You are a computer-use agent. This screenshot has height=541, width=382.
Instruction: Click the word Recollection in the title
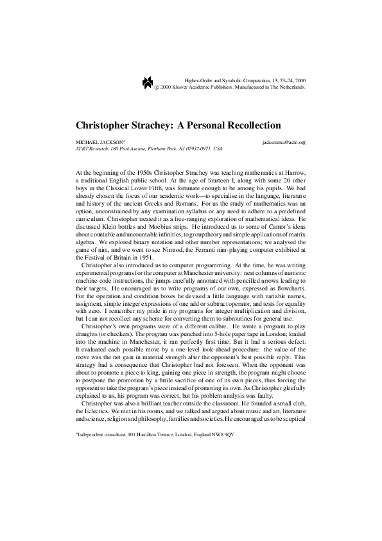(233, 124)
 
